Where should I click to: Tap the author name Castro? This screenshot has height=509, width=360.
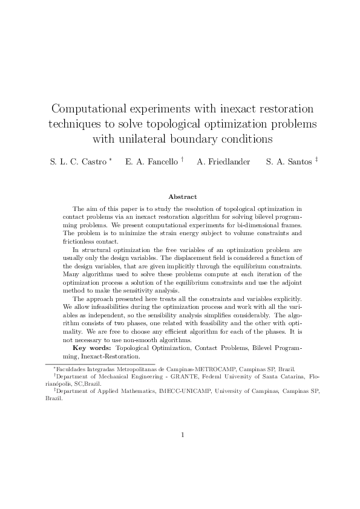pos(91,162)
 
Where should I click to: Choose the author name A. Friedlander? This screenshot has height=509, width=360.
pos(223,162)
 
